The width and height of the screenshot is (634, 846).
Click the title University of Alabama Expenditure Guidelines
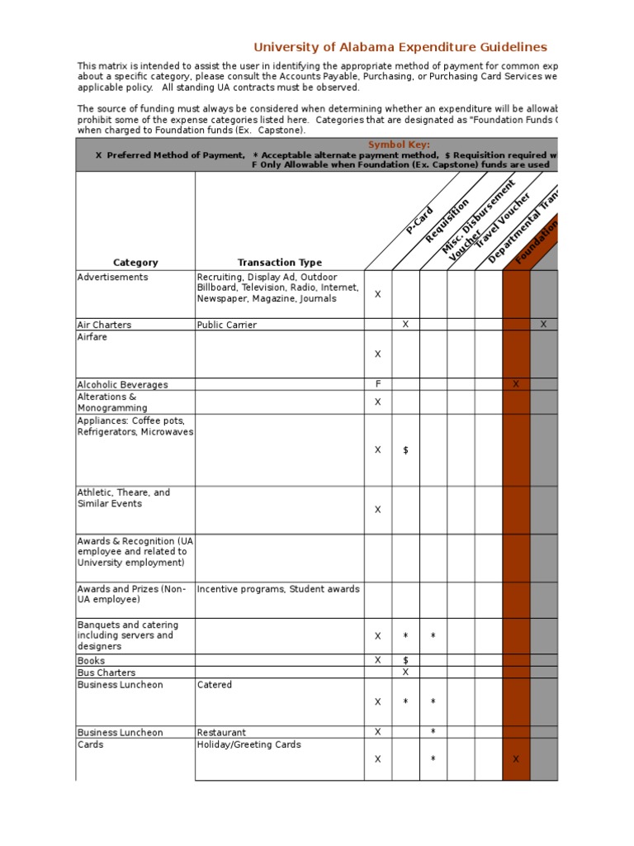point(400,47)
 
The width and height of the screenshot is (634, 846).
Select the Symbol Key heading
point(399,145)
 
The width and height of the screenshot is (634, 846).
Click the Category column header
point(135,263)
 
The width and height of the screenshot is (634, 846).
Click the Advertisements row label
point(112,277)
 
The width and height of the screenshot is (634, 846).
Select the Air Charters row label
point(104,325)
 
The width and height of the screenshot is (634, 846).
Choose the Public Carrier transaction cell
point(226,325)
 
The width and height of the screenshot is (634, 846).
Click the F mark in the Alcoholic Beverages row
point(378,384)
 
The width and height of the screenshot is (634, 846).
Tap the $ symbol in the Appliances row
point(405,450)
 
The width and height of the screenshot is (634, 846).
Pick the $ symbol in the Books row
point(405,660)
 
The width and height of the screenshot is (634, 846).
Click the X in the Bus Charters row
point(405,673)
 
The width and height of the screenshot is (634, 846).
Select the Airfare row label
point(92,337)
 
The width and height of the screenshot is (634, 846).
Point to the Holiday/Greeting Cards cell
point(248,744)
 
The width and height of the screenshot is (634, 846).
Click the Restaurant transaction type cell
point(221,732)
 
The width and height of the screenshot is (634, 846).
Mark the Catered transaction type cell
point(215,685)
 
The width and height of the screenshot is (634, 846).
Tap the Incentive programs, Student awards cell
point(278,589)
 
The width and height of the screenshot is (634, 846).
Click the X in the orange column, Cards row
point(516,759)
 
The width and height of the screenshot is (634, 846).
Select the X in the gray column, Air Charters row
point(543,325)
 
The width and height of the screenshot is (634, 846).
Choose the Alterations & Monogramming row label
point(106,402)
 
